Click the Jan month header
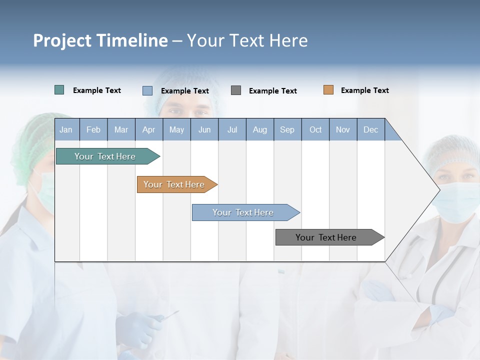click(66, 129)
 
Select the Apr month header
click(148, 129)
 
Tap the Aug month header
click(259, 129)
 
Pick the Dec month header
click(370, 129)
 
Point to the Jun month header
click(204, 129)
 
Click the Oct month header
click(315, 129)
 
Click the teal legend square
click(59, 90)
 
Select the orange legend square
click(328, 90)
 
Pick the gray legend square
click(236, 90)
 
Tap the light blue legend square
click(147, 90)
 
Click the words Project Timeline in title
click(100, 40)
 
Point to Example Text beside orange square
click(364, 90)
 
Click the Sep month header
click(287, 129)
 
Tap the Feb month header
click(93, 129)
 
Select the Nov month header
click(342, 129)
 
